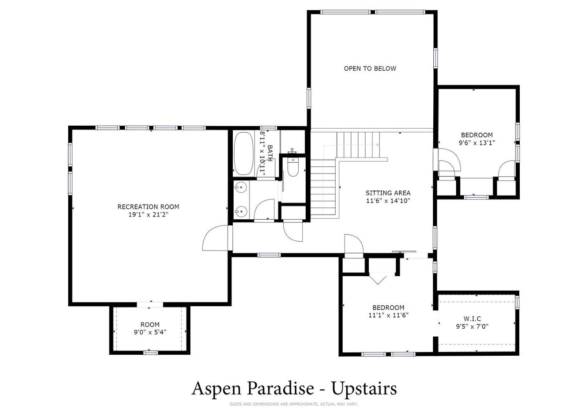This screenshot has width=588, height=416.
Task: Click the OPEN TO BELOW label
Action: pos(370,69)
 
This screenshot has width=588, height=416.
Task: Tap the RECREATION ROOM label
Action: pos(148,207)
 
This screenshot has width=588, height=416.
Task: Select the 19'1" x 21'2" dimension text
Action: pos(148,215)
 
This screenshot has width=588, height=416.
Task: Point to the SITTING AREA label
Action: pos(388,193)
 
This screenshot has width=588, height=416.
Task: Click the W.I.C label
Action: pos(472,319)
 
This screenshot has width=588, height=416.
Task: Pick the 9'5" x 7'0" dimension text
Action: pos(472,327)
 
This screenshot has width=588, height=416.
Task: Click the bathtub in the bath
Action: pos(244,153)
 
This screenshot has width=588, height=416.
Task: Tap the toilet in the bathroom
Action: pos(293,167)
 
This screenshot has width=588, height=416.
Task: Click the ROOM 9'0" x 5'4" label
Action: pos(150,328)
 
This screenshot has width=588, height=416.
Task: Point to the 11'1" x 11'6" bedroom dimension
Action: pos(388,315)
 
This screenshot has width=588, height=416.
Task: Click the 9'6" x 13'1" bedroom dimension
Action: pos(477,143)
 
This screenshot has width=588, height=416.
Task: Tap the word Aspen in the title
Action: pos(216,389)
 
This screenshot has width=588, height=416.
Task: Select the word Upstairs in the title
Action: pos(364,389)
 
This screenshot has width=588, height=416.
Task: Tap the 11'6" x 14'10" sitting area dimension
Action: pos(388,201)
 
